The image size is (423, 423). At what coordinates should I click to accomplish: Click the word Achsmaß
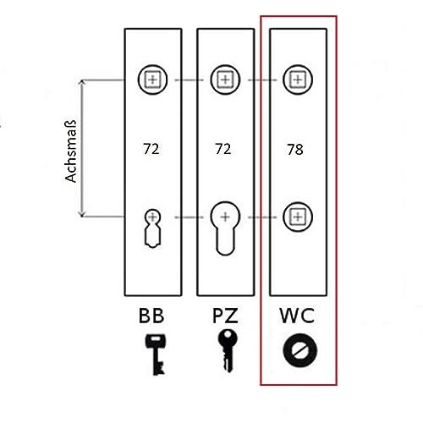(70, 151)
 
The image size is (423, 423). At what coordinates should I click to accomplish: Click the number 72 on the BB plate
(151, 149)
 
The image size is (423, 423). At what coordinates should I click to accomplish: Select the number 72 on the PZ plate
(223, 149)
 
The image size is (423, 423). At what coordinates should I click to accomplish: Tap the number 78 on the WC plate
(295, 150)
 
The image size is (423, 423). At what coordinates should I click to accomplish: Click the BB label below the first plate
(151, 316)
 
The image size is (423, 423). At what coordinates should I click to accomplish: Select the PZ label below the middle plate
(225, 316)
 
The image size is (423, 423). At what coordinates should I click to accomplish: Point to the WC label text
(297, 316)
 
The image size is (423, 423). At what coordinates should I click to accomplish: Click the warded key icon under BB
(155, 354)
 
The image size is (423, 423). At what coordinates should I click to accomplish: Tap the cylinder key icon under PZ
(228, 350)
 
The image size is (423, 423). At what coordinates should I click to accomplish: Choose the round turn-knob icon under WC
(299, 350)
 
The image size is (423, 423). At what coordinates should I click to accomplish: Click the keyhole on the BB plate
(152, 228)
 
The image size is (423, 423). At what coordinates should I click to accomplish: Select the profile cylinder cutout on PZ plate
(225, 228)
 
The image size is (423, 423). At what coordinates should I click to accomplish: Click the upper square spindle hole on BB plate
(152, 80)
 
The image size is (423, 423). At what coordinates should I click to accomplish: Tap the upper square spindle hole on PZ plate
(225, 80)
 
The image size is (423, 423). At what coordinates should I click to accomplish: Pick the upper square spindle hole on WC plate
(298, 80)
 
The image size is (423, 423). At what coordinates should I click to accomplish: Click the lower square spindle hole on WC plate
(298, 217)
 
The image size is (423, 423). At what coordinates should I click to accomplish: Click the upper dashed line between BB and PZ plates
(189, 80)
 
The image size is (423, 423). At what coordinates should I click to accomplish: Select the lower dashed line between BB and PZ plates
(189, 217)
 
